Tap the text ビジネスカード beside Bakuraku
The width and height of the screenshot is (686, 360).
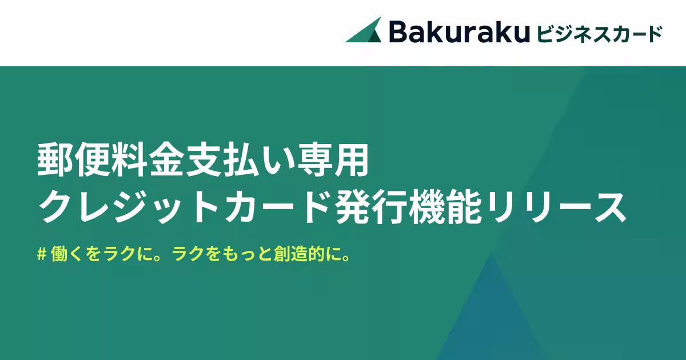599,33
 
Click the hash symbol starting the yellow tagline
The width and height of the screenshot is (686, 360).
41,254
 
